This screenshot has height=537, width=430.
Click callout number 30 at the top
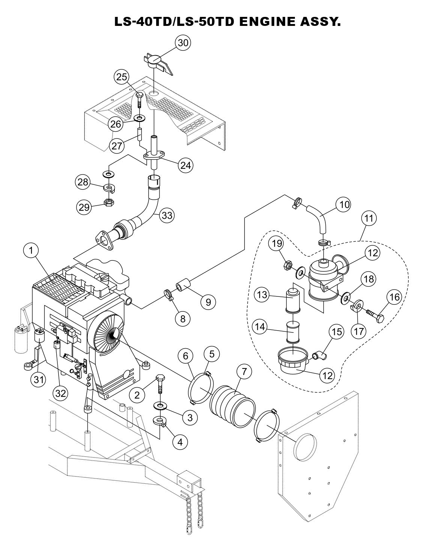pyautogui.click(x=183, y=43)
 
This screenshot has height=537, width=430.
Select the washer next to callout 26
pyautogui.click(x=140, y=119)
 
